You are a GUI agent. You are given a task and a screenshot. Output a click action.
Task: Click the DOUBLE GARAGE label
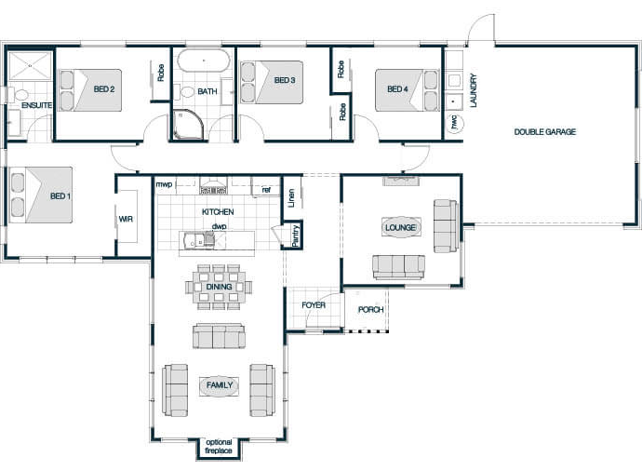[x=544, y=132]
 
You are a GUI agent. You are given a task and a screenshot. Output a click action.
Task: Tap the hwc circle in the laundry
[x=454, y=123]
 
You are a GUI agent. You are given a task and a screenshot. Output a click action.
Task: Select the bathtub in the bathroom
[x=204, y=61]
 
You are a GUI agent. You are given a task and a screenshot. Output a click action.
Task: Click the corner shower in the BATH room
[x=188, y=124]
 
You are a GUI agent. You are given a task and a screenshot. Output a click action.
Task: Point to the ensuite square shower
[x=30, y=65]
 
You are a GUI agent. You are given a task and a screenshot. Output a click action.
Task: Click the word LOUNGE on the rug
[x=400, y=227]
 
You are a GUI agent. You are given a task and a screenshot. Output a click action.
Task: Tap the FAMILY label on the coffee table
[x=220, y=385]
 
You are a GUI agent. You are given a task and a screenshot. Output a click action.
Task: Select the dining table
[x=219, y=287]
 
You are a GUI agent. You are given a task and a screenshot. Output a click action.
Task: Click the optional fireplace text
[x=219, y=447]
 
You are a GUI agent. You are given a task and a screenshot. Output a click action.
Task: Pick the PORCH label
[x=370, y=310]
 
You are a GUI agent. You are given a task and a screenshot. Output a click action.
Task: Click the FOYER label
[x=314, y=305]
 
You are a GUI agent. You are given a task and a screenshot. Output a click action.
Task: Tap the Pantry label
[x=296, y=235]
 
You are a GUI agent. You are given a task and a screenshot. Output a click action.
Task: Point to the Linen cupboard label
[x=291, y=197]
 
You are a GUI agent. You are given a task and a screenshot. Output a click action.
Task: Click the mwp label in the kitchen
[x=164, y=184]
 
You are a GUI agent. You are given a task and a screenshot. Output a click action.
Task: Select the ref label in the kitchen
[x=266, y=190]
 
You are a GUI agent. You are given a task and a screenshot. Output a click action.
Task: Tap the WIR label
[x=126, y=219]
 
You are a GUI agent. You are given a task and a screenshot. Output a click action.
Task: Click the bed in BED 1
[x=41, y=195]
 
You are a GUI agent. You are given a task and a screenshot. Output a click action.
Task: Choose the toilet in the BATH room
[x=185, y=92]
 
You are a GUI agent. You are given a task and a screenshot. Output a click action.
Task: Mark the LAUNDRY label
[x=474, y=90]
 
